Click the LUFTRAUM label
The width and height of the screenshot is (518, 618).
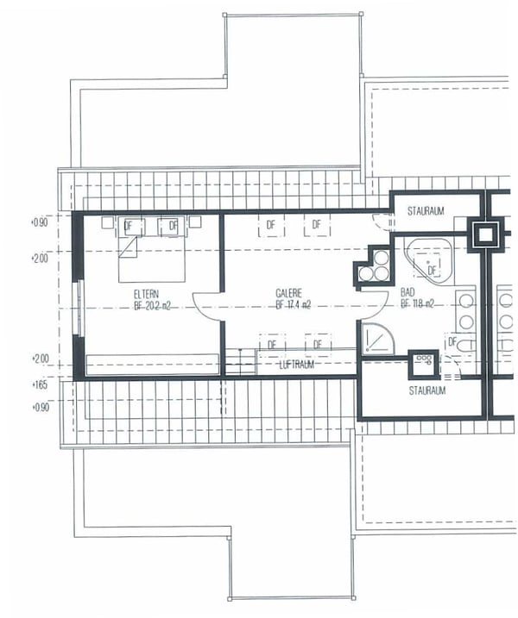tap(295, 365)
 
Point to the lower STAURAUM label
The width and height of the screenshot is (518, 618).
tap(427, 390)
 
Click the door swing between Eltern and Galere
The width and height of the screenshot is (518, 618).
tap(208, 305)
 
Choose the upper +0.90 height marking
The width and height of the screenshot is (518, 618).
tap(40, 222)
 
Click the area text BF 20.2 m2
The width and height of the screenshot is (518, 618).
tap(151, 304)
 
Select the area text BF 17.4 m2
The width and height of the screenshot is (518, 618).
tap(294, 304)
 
